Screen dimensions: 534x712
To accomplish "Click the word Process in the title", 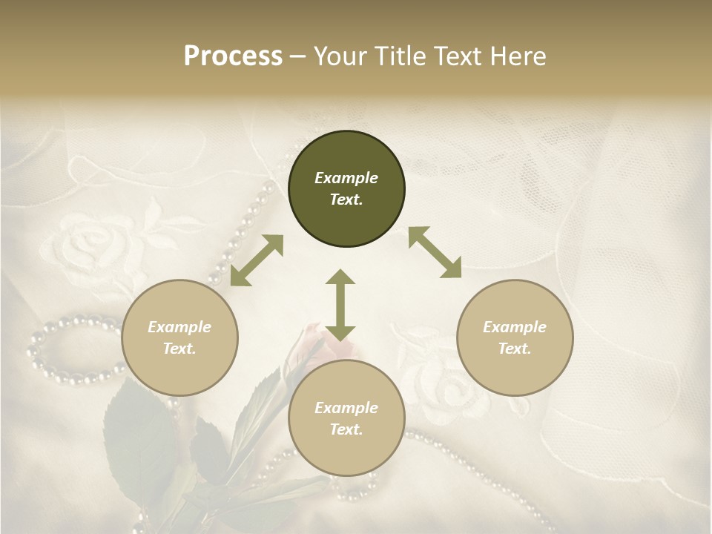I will click(x=233, y=56).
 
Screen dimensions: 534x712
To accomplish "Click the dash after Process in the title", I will click(x=297, y=57).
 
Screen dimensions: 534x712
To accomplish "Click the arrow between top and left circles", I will click(x=257, y=260).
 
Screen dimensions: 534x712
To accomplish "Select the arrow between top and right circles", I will click(x=435, y=253).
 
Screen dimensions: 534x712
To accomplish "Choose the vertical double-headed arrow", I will click(x=340, y=305).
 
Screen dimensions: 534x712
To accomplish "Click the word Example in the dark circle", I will click(x=346, y=178).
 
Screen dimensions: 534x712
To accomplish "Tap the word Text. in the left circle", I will click(x=179, y=349).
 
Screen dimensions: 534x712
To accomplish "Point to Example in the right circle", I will click(x=515, y=327).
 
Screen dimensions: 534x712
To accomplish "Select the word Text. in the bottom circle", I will click(x=346, y=429).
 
